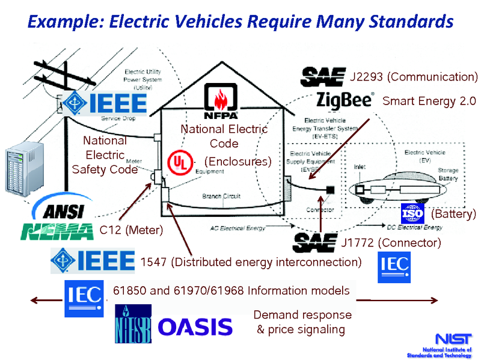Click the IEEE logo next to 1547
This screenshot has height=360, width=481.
pos(94,260)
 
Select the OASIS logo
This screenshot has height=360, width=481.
pos(195,327)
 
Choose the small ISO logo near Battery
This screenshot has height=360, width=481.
pos(412,213)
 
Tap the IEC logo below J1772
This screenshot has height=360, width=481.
pos(394,267)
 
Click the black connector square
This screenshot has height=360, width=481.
pos(330,191)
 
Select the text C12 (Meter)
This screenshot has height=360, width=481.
pos(131,229)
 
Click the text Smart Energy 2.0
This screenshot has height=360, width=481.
pos(429,100)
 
